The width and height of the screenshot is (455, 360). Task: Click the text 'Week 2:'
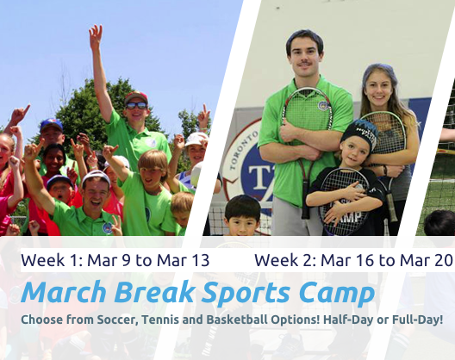(281, 260)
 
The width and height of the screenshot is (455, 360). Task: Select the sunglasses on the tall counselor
(136, 105)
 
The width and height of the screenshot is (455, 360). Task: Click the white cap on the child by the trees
(197, 138)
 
